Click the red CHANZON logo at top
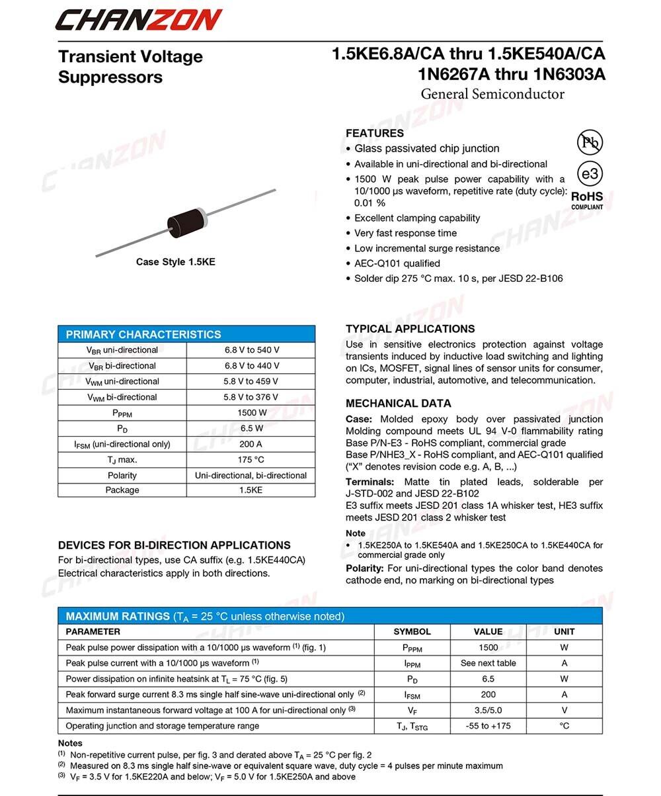click(138, 19)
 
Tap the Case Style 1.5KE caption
click(175, 262)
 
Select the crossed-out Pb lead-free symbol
click(590, 142)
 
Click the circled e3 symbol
click(590, 173)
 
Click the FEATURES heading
click(374, 133)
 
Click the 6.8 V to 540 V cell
click(251, 350)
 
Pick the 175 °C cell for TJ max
click(251, 460)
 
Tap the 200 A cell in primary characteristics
click(251, 444)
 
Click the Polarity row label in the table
click(122, 475)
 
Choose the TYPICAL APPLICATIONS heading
click(410, 329)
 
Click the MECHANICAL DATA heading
click(398, 403)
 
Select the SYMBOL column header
click(412, 632)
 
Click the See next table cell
click(488, 663)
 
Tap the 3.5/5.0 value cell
click(488, 710)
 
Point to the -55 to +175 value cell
click(488, 726)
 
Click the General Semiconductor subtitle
click(492, 94)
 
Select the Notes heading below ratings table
click(70, 743)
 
